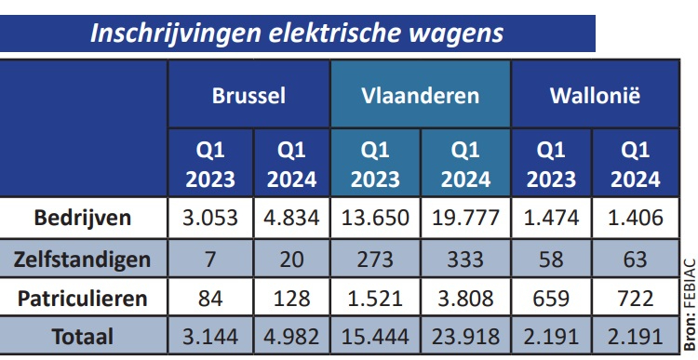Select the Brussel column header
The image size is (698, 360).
[x=248, y=95]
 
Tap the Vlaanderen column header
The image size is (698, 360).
[x=420, y=95]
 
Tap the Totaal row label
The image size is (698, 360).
[x=83, y=336]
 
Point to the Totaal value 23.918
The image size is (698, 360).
[x=465, y=336]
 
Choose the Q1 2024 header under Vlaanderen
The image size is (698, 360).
[x=465, y=165]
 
